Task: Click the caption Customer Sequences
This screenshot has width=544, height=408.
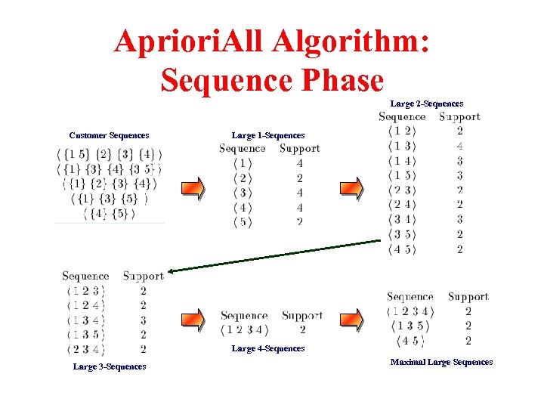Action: click(x=109, y=135)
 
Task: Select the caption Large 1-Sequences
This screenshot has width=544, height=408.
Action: click(x=268, y=135)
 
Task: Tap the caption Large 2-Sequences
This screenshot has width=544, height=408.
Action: click(x=427, y=103)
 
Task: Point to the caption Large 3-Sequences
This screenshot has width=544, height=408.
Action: click(x=110, y=366)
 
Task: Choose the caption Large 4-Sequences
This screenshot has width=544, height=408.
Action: click(x=268, y=348)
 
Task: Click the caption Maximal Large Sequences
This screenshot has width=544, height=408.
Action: click(x=441, y=362)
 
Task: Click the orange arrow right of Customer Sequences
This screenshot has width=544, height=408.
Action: click(x=193, y=188)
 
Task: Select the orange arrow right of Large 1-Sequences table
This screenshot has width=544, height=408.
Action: click(x=352, y=188)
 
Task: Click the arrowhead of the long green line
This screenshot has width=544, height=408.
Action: click(x=171, y=270)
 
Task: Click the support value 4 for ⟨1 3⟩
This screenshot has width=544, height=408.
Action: click(x=459, y=146)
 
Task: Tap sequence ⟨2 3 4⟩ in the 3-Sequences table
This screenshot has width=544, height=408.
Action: click(x=85, y=349)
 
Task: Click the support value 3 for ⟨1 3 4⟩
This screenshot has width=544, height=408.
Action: click(x=143, y=320)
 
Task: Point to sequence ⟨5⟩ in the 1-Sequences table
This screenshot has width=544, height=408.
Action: click(x=242, y=222)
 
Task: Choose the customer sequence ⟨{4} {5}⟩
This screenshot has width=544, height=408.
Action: click(x=109, y=214)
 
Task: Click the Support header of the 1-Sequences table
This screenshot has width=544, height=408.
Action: click(x=299, y=149)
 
